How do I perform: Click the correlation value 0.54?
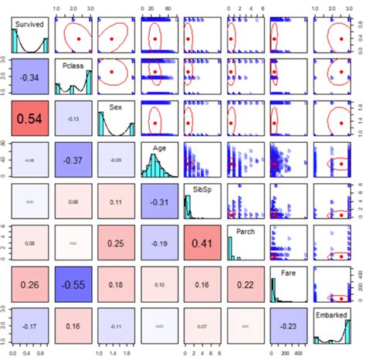coord(29,121)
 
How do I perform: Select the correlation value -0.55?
coord(73,285)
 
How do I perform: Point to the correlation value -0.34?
coord(29,78)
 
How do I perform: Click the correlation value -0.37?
coord(73,161)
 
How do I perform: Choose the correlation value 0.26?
coord(29,285)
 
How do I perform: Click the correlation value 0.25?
coord(116,243)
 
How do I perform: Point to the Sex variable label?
coord(116,107)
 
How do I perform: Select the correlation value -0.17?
coord(29,327)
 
